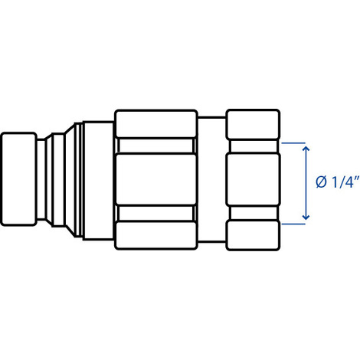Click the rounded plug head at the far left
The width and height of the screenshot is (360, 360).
coord(19,179)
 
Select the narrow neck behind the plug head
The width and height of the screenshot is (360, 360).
coord(41,179)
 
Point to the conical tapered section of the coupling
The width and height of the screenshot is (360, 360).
coord(70,179)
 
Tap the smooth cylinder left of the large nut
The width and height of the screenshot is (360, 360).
coord(98,181)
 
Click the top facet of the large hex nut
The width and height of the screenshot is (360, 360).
coord(155,124)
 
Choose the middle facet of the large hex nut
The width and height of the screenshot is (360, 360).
coord(155,179)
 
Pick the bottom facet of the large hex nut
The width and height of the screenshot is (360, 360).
coord(155,235)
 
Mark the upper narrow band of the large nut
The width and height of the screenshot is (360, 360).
coord(155,146)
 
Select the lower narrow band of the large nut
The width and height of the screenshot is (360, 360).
coord(155,213)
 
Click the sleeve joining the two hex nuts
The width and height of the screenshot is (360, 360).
coord(211,179)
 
